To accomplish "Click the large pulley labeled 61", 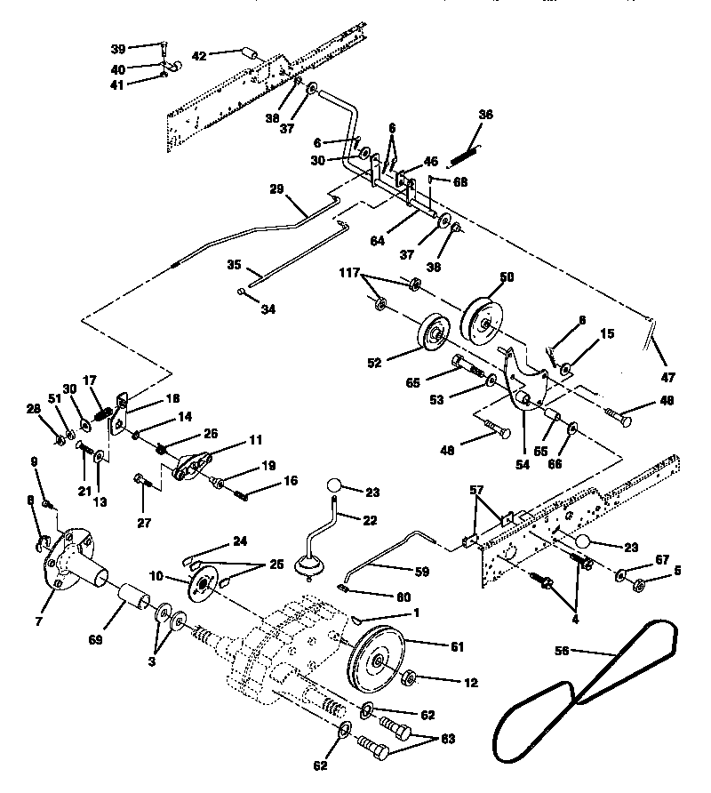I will (x=378, y=660).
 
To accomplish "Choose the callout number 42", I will (x=198, y=55).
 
